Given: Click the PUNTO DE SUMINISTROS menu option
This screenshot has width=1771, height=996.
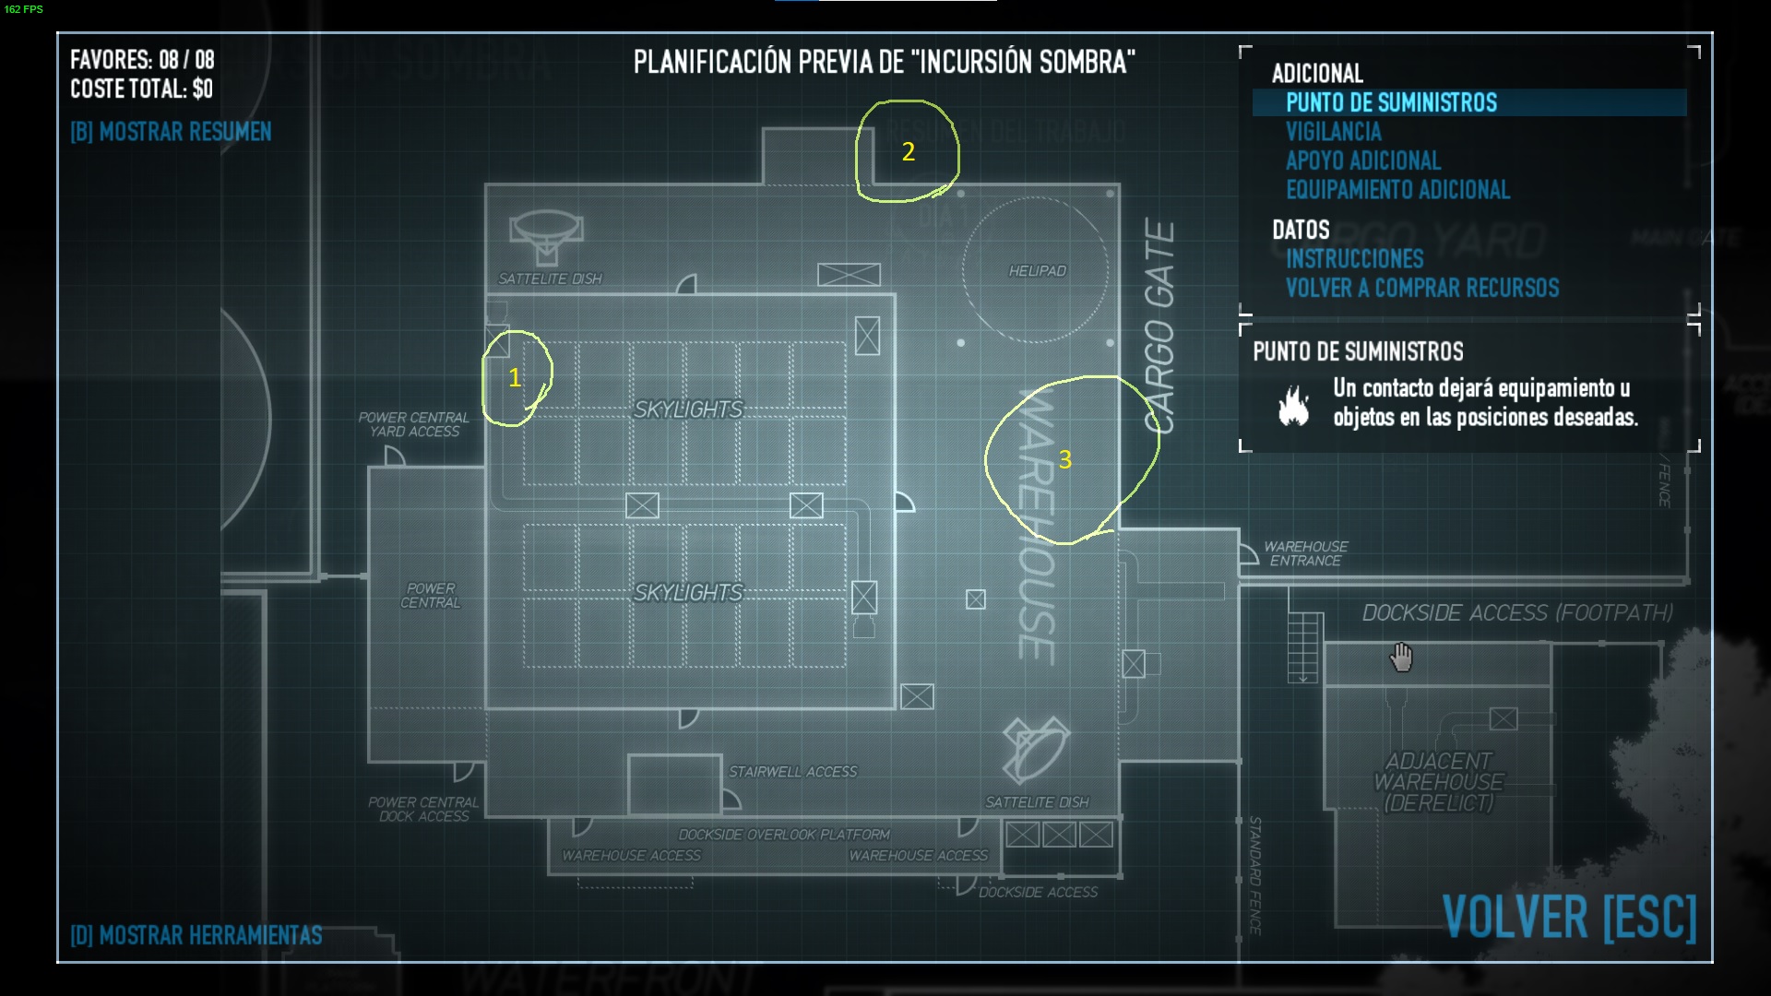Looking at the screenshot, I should click(1391, 102).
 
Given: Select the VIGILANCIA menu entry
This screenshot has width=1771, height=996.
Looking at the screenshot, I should click(1333, 132).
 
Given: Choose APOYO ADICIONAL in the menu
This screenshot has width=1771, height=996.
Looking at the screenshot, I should click(1362, 160).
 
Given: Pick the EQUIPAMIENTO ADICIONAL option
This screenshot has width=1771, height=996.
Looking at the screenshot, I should click(1397, 190).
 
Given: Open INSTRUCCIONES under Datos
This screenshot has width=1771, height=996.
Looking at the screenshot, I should click(1354, 259).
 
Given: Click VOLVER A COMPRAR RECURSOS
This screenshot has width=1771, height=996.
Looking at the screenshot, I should click(1421, 288).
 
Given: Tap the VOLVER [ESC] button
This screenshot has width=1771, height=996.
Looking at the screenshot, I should click(1568, 917).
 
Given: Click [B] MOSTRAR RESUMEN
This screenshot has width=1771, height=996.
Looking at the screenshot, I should click(171, 132).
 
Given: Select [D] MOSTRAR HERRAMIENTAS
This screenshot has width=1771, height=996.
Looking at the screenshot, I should click(196, 935).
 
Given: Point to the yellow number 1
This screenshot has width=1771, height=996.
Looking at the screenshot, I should click(515, 377).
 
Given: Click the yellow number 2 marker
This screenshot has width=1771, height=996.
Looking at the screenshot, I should click(909, 151).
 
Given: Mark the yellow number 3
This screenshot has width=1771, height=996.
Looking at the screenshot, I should click(1065, 459).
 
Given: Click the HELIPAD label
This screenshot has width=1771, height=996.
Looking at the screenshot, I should click(1037, 270).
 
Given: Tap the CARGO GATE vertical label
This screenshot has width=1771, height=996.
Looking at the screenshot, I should click(1159, 327).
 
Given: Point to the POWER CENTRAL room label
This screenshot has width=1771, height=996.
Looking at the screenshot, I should click(431, 595).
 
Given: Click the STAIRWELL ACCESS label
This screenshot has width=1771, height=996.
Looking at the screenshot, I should click(792, 771).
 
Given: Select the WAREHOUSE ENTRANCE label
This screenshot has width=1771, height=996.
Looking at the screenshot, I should click(1305, 553).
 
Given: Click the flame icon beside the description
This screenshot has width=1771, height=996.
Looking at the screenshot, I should click(1293, 404).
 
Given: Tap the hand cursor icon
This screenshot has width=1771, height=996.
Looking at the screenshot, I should click(1401, 658).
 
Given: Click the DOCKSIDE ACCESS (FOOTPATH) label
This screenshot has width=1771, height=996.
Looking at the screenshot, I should click(1517, 612).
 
